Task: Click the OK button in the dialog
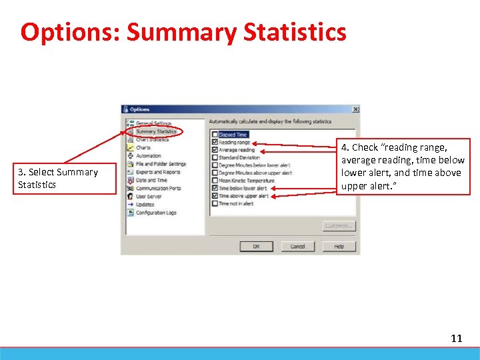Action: (x=256, y=247)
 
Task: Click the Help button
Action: (x=339, y=247)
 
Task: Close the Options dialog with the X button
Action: (x=355, y=109)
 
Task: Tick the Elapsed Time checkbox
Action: (x=215, y=135)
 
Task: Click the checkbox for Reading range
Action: (x=215, y=142)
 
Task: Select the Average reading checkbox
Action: (x=215, y=150)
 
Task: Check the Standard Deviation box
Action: (x=215, y=158)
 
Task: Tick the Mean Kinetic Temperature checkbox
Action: (x=215, y=181)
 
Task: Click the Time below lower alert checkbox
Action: (x=215, y=189)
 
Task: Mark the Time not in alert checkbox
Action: (x=215, y=204)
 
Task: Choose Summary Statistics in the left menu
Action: (x=156, y=131)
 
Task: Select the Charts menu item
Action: (x=143, y=147)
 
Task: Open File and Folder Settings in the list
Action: (x=161, y=164)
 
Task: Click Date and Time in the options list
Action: (x=151, y=180)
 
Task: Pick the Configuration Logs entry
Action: (x=156, y=213)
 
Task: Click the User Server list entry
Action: (x=149, y=197)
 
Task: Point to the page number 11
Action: (x=456, y=339)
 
